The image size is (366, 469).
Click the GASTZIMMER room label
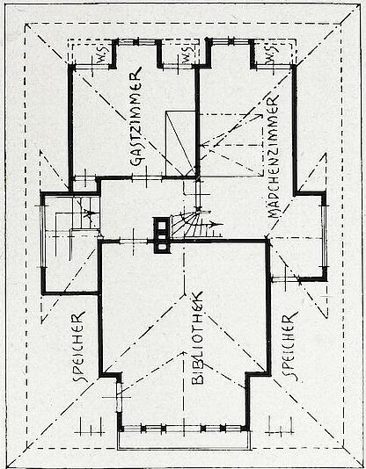(x=136, y=117)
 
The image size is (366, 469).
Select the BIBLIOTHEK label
(x=197, y=337)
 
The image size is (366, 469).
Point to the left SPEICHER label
(x=79, y=347)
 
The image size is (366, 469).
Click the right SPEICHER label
(x=290, y=346)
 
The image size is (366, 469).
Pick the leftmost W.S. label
(x=103, y=58)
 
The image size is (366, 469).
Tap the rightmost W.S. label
(x=272, y=55)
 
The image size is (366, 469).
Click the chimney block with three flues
(x=162, y=235)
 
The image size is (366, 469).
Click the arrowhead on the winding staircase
(x=213, y=224)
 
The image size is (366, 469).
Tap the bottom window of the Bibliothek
(x=183, y=429)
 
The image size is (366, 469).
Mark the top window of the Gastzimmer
(x=137, y=42)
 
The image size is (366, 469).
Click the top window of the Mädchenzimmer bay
(x=231, y=41)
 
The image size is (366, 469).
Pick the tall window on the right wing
(x=324, y=236)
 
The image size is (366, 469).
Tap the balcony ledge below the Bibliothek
(x=183, y=442)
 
